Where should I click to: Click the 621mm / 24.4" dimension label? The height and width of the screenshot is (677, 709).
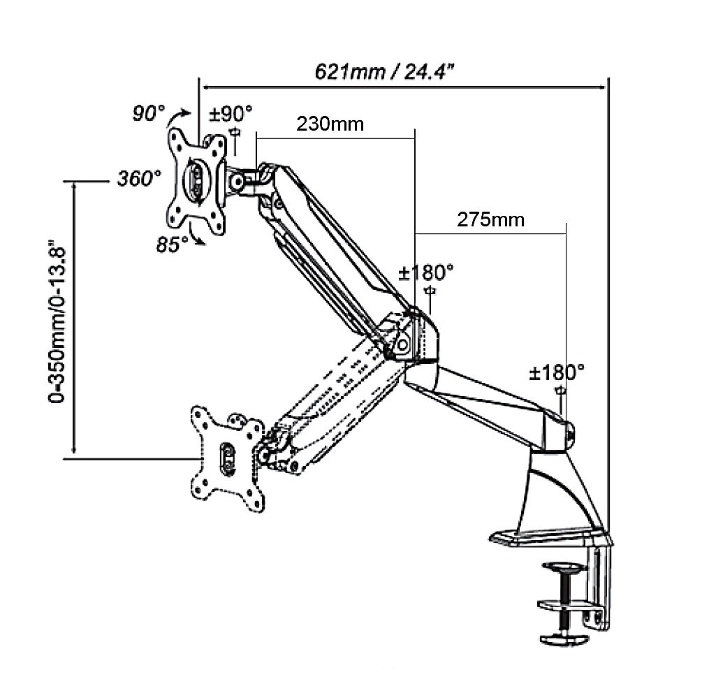(x=386, y=71)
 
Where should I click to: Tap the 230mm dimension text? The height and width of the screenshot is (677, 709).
(x=330, y=124)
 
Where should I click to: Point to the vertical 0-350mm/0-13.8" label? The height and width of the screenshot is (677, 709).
(x=57, y=321)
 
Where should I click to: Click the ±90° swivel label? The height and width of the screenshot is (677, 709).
(x=231, y=112)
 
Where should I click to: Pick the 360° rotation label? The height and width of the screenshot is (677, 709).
(x=139, y=179)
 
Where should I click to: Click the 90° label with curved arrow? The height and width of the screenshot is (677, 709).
(x=149, y=112)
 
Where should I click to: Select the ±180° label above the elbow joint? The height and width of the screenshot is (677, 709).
(x=426, y=271)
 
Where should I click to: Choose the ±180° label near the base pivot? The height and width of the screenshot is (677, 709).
(x=557, y=372)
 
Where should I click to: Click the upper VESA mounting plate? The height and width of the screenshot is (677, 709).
(x=198, y=181)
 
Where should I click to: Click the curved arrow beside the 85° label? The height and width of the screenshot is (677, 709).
(x=199, y=239)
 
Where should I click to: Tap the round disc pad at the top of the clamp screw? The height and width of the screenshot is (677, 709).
(x=563, y=568)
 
